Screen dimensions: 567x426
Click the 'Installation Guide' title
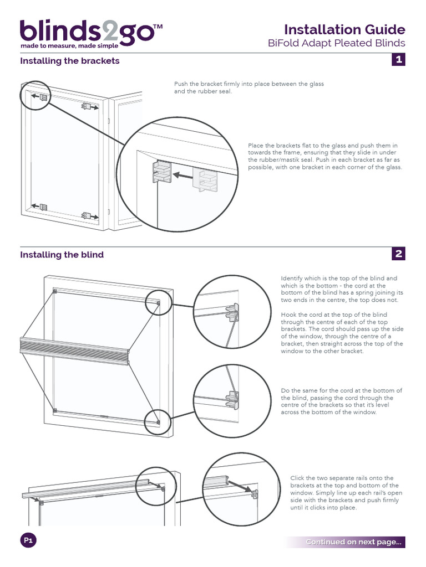click(344, 29)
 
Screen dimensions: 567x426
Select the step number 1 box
click(398, 60)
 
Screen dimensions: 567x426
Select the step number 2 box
click(398, 254)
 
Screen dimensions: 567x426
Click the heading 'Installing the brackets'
click(70, 61)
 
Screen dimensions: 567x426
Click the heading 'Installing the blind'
click(62, 255)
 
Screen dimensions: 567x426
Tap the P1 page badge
click(28, 541)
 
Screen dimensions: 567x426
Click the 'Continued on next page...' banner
click(354, 542)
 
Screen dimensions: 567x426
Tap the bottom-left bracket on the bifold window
click(43, 207)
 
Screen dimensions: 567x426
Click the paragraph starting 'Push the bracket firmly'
click(249, 87)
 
